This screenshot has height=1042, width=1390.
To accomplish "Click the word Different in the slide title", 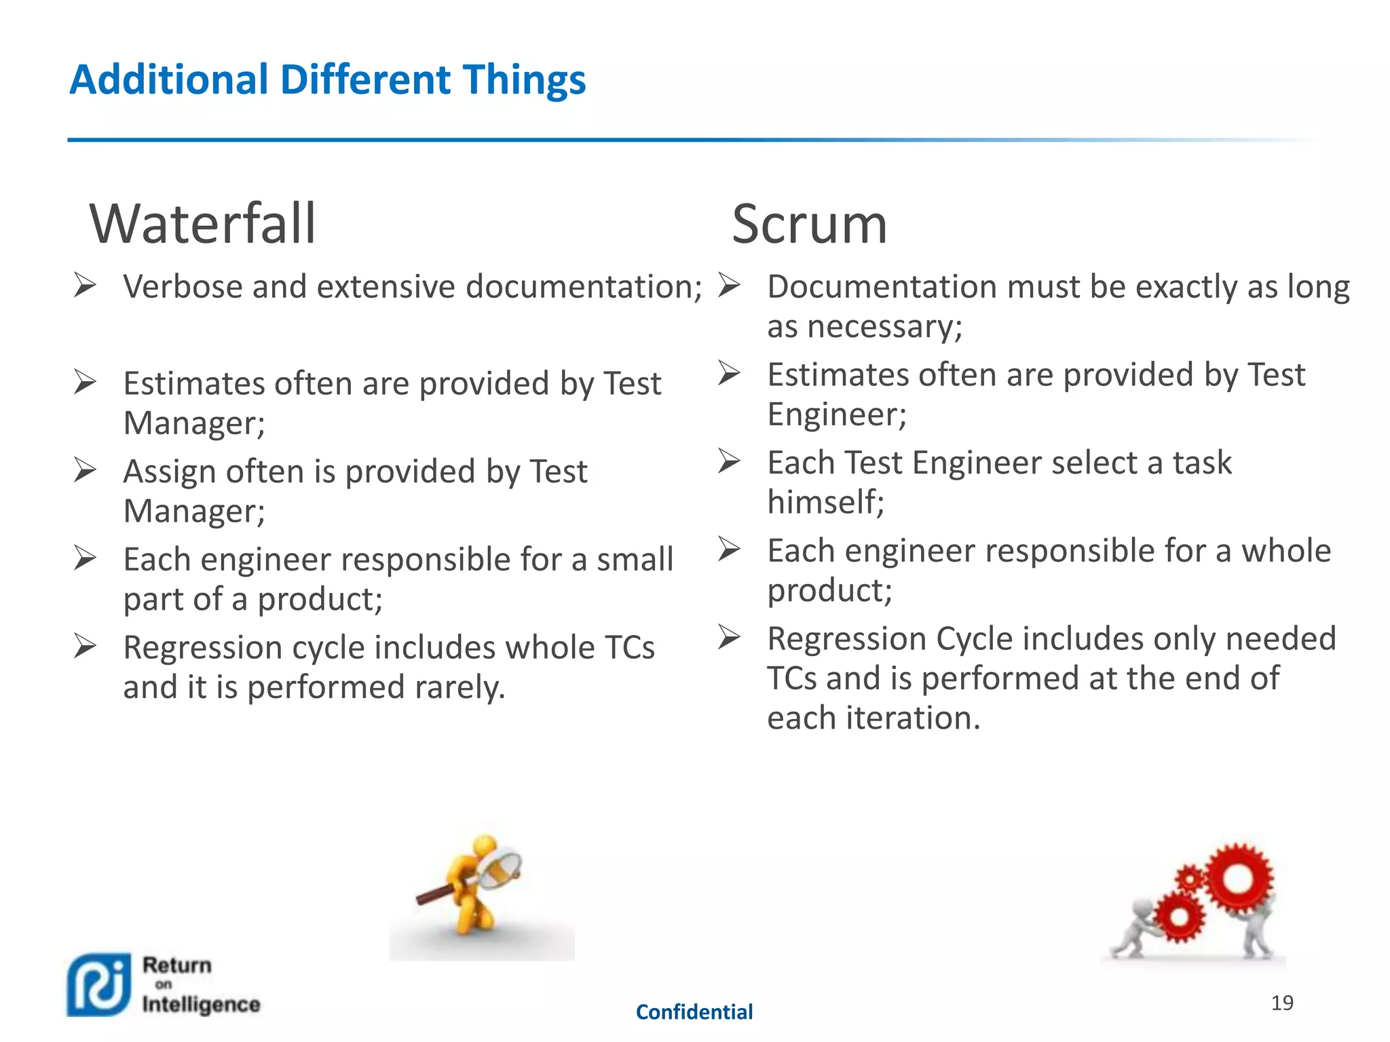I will [x=366, y=79].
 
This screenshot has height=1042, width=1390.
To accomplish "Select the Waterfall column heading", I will [x=202, y=224].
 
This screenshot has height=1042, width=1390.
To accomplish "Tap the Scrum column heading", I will [x=809, y=224].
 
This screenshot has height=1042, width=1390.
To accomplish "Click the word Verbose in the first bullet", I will [x=183, y=286].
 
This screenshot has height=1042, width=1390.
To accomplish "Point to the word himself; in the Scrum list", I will [x=825, y=503].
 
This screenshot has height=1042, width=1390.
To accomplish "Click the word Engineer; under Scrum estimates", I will [x=836, y=414].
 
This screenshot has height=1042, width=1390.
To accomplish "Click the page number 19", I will [x=1281, y=1003].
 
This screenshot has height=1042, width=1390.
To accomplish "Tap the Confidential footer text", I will [x=694, y=1012].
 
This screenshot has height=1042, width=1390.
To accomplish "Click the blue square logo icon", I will [x=99, y=984].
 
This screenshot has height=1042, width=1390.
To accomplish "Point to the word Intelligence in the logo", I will [x=201, y=1004].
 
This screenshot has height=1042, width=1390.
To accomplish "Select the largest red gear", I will [x=1238, y=880].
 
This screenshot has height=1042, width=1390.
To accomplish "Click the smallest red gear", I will [x=1189, y=880].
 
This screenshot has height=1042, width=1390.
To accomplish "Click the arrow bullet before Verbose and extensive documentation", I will [x=85, y=286].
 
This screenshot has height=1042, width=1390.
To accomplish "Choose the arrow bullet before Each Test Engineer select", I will [x=728, y=461].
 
